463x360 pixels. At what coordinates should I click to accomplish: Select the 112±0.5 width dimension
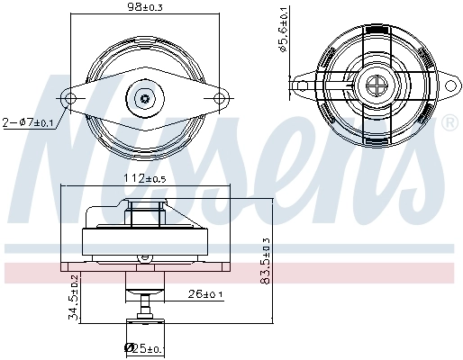pyautogui.click(x=144, y=177)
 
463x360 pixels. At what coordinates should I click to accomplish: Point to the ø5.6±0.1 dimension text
pyautogui.click(x=282, y=33)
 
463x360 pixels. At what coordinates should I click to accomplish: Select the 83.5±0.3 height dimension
pyautogui.click(x=265, y=261)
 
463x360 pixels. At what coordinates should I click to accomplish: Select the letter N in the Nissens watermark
pyautogui.click(x=72, y=144)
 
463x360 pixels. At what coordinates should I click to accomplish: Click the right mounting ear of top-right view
pyautogui.click(x=448, y=86)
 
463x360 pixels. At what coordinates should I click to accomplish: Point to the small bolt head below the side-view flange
pyautogui.click(x=141, y=258)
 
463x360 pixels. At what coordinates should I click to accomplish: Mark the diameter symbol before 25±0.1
pyautogui.click(x=129, y=347)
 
